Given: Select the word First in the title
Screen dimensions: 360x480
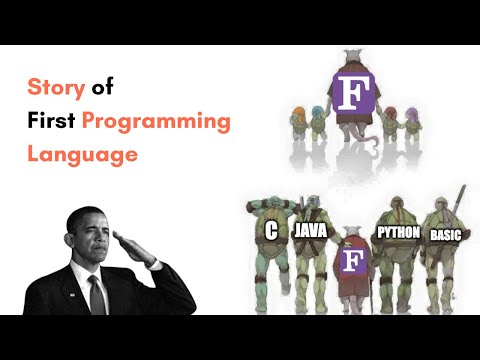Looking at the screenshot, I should (51, 122).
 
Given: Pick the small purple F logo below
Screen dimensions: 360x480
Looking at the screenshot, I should (351, 263).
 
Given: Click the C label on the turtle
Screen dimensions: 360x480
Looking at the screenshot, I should (271, 231).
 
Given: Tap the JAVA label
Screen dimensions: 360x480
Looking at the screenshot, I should (311, 231).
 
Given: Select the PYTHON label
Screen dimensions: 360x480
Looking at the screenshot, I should (397, 233).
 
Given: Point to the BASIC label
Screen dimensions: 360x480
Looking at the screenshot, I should (443, 236).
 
